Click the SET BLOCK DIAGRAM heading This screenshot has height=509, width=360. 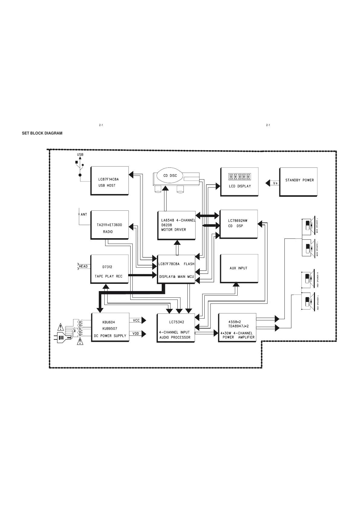tap(42, 133)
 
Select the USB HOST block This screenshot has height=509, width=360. tap(109, 181)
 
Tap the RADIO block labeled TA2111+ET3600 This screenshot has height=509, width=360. tap(109, 225)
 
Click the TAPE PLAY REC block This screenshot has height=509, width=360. tap(109, 269)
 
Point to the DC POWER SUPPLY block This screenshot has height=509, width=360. tap(110, 327)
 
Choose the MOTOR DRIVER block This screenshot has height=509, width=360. tap(177, 225)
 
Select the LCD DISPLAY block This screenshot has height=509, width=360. tap(239, 181)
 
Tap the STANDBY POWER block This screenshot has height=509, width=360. tap(298, 182)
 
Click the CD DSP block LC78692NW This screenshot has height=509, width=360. tap(238, 224)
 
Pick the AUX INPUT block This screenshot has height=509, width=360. tap(239, 268)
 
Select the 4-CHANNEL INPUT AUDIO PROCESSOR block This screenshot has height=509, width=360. tap(176, 328)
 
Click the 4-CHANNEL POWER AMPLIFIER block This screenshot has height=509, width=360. tap(237, 327)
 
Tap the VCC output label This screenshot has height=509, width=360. tap(136, 320)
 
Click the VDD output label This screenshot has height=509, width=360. tap(136, 334)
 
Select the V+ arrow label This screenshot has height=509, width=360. tap(275, 183)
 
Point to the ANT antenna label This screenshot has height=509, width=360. tap(84, 215)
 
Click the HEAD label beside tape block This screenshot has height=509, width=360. tap(83, 266)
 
